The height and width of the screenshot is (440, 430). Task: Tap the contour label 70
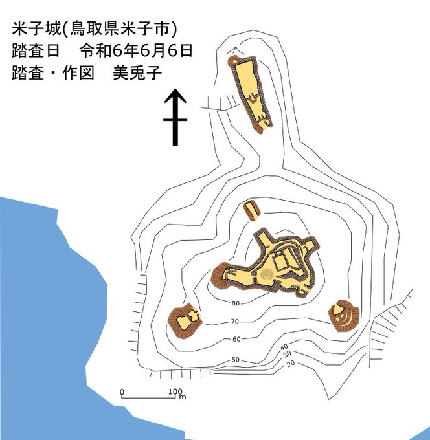click(x=235, y=322)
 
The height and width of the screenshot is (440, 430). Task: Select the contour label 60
click(x=236, y=340)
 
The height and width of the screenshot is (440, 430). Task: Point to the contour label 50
click(x=235, y=360)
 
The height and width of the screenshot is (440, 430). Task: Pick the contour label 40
click(x=284, y=347)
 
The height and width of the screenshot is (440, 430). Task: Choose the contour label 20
click(x=291, y=364)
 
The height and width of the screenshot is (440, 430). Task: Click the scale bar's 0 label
click(x=122, y=392)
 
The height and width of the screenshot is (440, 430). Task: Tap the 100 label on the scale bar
click(x=174, y=392)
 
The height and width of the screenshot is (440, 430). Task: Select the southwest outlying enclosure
click(x=185, y=320)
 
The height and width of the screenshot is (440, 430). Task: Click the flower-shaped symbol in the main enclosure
click(x=266, y=274)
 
